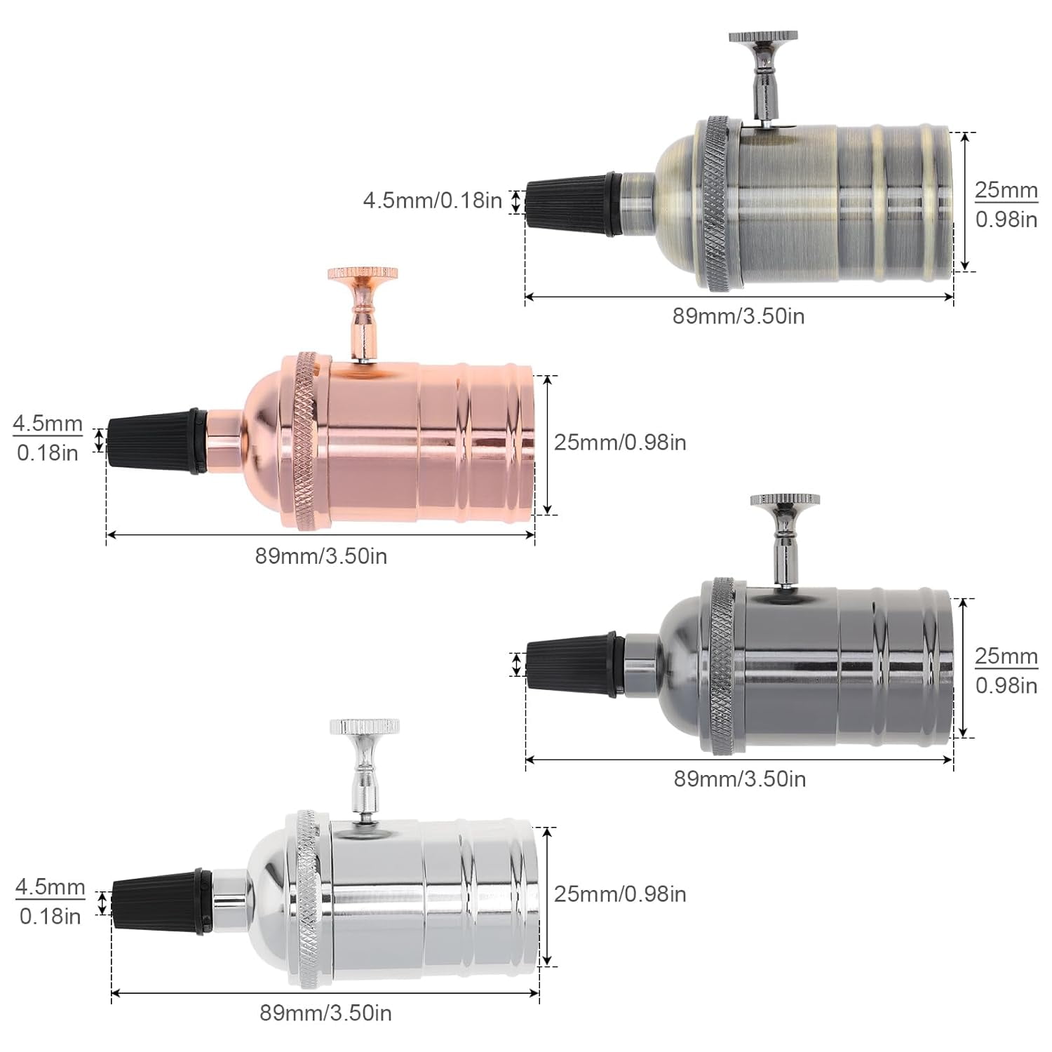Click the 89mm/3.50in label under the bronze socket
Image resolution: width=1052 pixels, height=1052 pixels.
739,316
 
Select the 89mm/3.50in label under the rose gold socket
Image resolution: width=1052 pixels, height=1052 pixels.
321,556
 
